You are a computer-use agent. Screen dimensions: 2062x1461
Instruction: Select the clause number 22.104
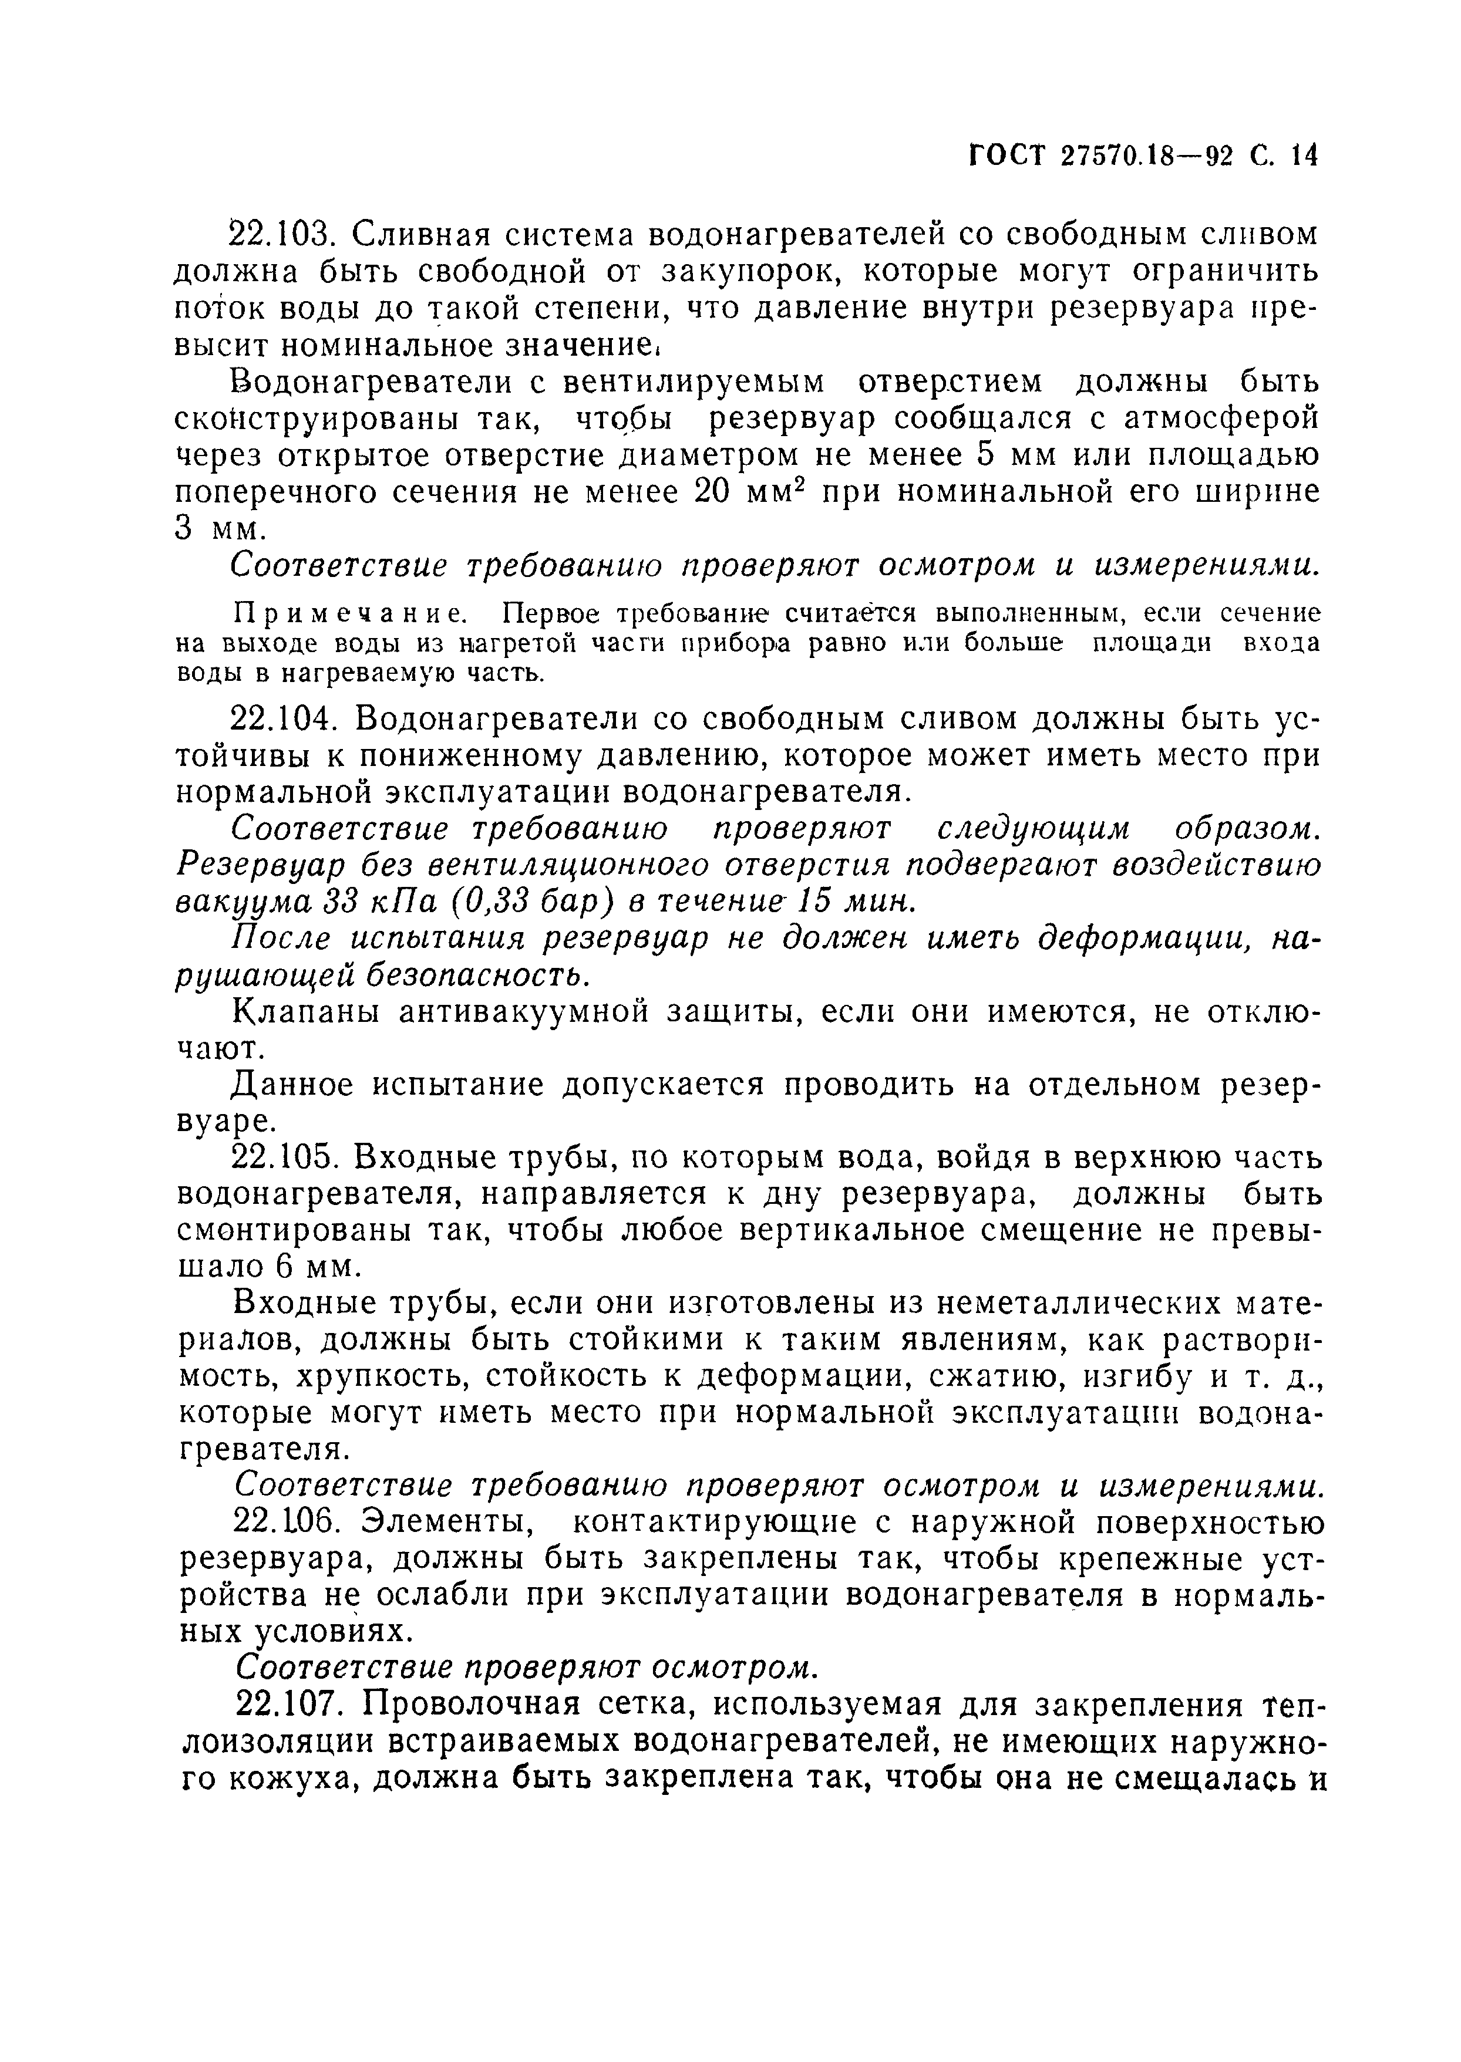284,720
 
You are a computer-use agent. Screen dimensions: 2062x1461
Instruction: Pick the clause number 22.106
284,1523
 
